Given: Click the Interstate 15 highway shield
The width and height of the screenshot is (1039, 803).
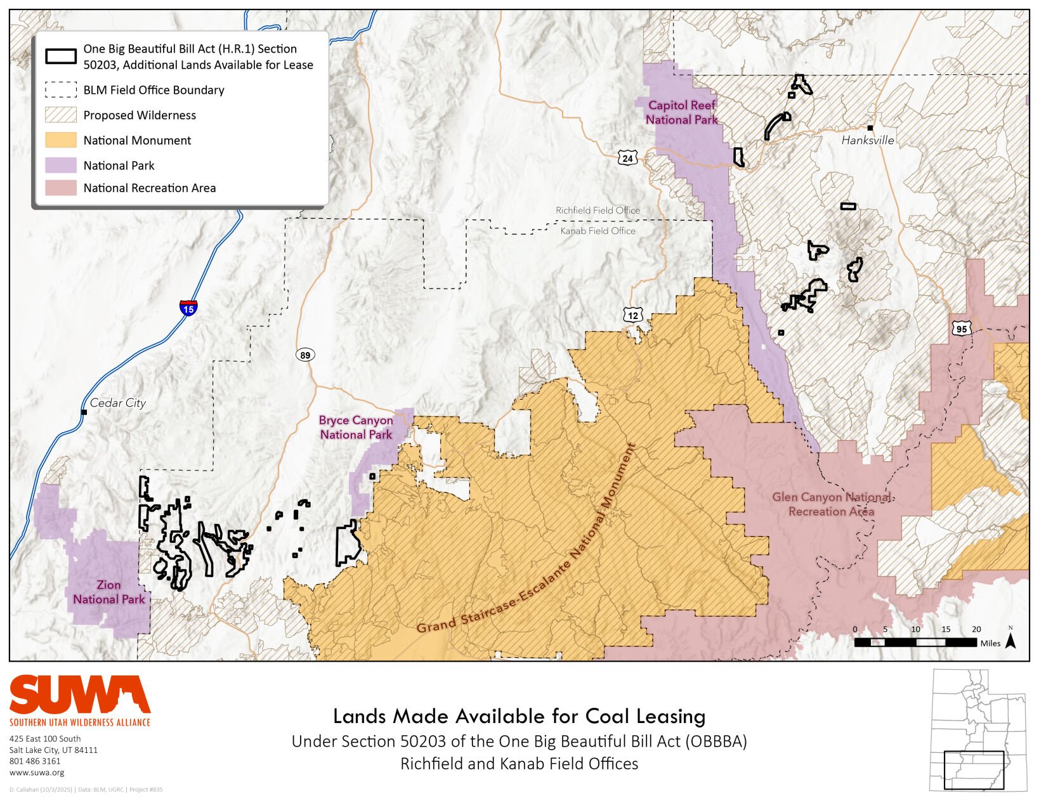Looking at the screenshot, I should point(188,308).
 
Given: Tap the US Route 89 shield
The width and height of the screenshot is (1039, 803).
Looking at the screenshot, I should point(305,355).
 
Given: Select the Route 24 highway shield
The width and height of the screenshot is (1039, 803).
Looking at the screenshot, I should point(627,158).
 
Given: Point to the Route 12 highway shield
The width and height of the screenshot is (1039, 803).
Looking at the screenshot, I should point(633,315).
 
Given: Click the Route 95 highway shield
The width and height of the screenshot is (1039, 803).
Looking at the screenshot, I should point(961,329).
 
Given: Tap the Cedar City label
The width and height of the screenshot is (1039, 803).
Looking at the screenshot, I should point(117,403).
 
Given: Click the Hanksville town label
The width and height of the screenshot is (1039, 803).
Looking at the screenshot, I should point(867,140).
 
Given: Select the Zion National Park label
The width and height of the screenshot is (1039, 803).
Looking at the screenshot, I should point(108,592).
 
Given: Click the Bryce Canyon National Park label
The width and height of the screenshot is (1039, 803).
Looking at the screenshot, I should point(356,428).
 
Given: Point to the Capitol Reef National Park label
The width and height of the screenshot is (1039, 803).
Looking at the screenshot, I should point(681,112).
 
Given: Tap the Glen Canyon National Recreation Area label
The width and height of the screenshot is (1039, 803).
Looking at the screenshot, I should point(831,504).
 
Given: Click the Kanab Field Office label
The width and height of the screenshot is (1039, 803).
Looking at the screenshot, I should point(598,231).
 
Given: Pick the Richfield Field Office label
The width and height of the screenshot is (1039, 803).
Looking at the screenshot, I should point(598,211).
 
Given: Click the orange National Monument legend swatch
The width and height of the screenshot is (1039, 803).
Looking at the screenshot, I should point(61,140).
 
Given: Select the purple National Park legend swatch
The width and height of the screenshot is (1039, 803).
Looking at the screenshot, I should point(61,165).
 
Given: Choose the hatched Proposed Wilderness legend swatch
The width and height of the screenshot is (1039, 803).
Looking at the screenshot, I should point(61,115).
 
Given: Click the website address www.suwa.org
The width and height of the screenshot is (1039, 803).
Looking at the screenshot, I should point(37,773).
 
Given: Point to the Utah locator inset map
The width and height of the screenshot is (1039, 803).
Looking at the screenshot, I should point(977,729).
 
